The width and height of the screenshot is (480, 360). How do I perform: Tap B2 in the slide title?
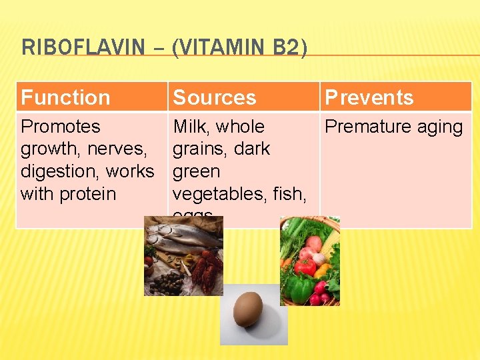tap(287, 47)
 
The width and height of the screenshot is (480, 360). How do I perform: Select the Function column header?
tap(65, 98)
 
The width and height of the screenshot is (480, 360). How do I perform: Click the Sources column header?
tap(214, 98)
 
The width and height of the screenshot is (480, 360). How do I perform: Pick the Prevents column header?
tap(369, 98)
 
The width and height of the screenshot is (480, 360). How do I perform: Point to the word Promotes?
tap(60, 127)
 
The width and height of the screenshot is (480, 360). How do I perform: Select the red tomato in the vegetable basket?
tap(305, 267)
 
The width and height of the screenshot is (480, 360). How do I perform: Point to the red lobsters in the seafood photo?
tap(204, 267)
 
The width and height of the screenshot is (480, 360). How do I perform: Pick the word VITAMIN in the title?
tap(219, 47)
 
